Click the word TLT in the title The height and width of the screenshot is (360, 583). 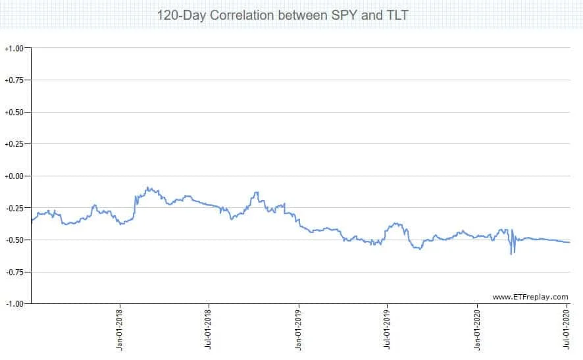pos(395,14)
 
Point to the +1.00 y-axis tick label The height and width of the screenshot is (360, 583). pos(14,49)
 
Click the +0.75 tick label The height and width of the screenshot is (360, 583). pos(14,80)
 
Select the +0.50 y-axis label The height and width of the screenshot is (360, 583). pos(14,113)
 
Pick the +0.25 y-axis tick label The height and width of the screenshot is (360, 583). pos(14,144)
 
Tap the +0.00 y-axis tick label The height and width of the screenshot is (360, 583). pos(14,176)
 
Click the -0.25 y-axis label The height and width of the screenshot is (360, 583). pos(14,208)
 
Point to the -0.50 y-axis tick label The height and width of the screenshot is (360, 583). pos(14,240)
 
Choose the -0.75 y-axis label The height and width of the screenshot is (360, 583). pos(14,272)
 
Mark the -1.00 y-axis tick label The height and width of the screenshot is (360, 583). pos(14,303)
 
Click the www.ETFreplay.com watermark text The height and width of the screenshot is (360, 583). pos(530,297)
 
